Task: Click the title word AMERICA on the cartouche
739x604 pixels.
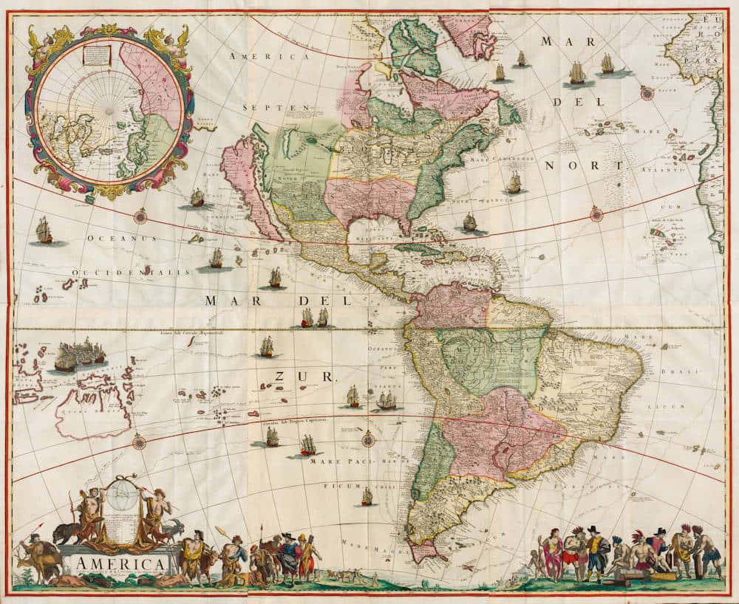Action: point(119,565)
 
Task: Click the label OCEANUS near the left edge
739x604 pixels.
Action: point(122,238)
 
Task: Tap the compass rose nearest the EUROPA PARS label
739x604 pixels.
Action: point(647,92)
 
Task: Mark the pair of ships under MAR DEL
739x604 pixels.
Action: point(314,318)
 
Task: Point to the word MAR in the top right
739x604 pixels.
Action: point(557,41)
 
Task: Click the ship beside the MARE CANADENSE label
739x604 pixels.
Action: point(514,182)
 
